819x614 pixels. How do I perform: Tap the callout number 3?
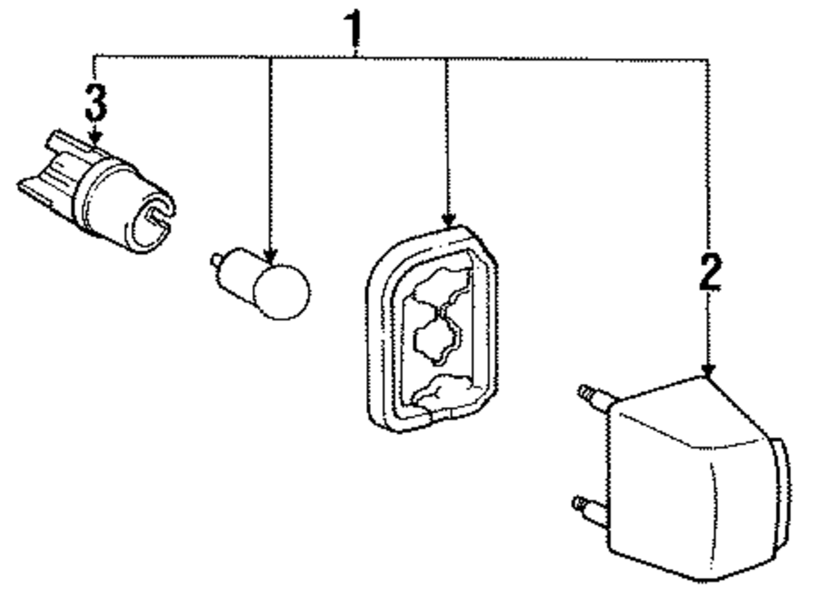coord(95,102)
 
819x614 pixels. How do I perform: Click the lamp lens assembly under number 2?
coord(696,475)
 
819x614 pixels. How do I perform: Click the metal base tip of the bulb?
coord(216,261)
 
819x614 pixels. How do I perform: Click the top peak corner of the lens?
coord(707,379)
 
